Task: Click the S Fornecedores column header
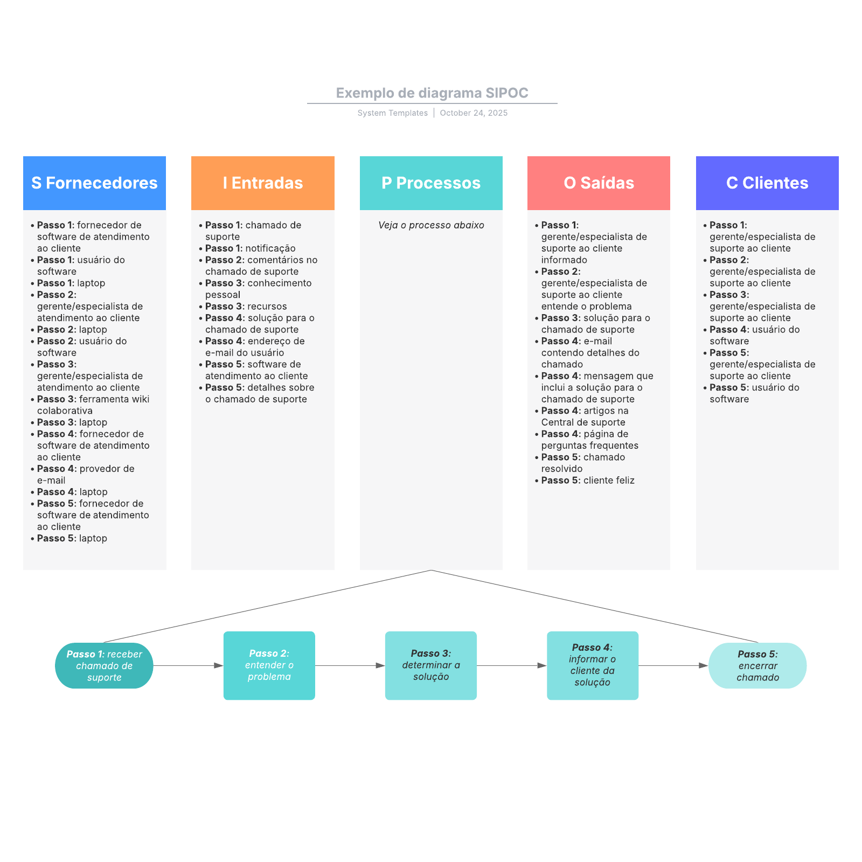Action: click(94, 183)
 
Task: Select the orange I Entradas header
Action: click(263, 183)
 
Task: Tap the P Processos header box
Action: click(431, 183)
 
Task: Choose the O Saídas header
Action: click(599, 183)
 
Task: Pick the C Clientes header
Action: click(767, 183)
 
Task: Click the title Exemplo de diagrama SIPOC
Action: click(432, 93)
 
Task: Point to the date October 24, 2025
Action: click(474, 113)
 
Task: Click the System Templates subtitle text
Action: click(392, 113)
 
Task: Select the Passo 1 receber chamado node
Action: click(104, 666)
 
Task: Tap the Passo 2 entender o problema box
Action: click(269, 666)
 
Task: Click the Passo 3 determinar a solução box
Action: click(431, 666)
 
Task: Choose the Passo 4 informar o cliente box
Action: click(593, 666)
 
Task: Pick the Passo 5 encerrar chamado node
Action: click(757, 666)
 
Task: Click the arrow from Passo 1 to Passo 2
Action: click(188, 666)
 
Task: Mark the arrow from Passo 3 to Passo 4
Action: click(512, 666)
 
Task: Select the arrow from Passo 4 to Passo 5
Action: click(673, 666)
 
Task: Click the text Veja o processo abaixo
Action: click(431, 225)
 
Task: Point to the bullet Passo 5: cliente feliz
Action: click(588, 481)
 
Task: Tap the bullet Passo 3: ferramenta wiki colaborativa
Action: click(93, 405)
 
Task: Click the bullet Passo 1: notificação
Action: click(250, 248)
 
